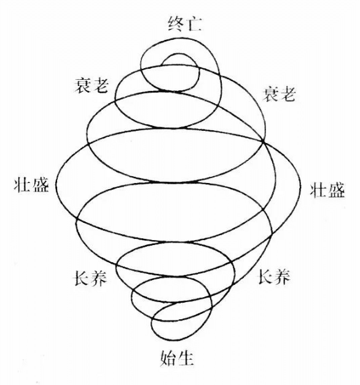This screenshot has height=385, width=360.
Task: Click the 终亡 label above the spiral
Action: (185, 24)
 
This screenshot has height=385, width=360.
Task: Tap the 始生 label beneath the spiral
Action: (177, 358)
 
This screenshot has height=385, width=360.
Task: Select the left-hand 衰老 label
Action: (92, 85)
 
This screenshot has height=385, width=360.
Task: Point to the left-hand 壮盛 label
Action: (31, 184)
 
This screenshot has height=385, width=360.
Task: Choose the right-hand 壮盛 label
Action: (327, 190)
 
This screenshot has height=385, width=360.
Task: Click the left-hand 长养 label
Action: (91, 278)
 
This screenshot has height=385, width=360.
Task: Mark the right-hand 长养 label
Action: (274, 277)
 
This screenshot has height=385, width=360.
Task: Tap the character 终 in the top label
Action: (176, 24)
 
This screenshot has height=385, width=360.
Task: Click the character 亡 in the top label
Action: (194, 25)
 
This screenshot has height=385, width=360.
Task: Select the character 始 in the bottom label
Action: (168, 358)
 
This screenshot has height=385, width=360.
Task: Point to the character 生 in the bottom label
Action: (186, 358)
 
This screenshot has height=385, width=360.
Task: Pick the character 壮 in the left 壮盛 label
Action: (23, 184)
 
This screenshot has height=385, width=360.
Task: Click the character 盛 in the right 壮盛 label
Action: (336, 190)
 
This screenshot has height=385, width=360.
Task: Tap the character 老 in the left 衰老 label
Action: (100, 85)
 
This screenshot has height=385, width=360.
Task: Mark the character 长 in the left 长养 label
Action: (82, 278)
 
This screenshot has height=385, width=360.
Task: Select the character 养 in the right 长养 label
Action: (283, 277)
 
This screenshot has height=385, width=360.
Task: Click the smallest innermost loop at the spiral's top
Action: (180, 55)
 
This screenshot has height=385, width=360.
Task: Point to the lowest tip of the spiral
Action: (172, 340)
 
